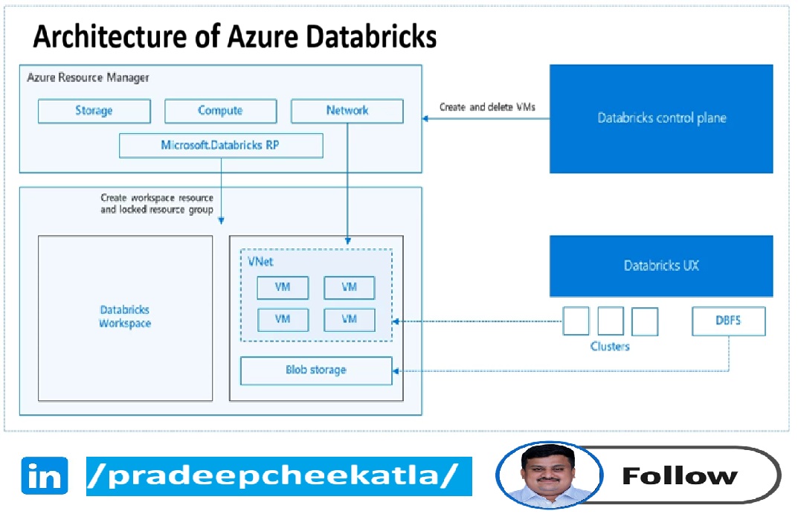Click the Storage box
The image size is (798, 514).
click(x=94, y=111)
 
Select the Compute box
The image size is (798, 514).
click(x=220, y=111)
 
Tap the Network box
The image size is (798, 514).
click(x=347, y=111)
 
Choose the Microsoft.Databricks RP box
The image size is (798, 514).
click(x=221, y=145)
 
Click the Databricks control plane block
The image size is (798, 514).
click(x=661, y=118)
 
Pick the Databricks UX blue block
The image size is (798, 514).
click(x=661, y=266)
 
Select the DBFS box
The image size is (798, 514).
click(x=728, y=321)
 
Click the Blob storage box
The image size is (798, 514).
click(x=316, y=370)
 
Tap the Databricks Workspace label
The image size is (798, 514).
click(x=125, y=317)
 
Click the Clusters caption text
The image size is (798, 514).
click(x=610, y=347)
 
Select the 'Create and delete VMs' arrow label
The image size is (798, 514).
click(x=487, y=107)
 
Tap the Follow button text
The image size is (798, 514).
click(x=679, y=475)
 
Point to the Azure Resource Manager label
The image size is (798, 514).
click(x=88, y=77)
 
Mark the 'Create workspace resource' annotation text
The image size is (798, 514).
click(x=157, y=199)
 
